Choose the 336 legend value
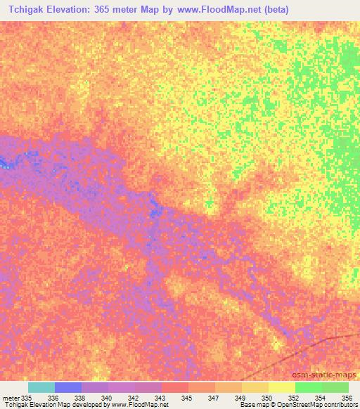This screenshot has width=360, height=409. (54, 398)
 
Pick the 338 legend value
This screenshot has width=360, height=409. (81, 398)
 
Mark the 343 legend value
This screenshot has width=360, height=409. (161, 398)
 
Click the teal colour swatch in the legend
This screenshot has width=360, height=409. (41, 387)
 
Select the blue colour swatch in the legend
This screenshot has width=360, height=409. (67, 387)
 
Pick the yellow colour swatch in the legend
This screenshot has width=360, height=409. (281, 387)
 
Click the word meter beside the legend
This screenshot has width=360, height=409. (10, 398)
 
